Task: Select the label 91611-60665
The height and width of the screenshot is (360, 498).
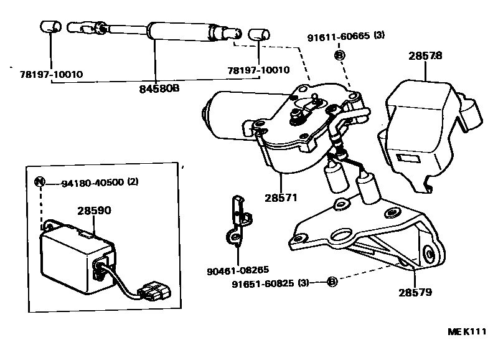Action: coord(337,36)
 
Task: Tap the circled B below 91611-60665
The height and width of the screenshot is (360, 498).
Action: coord(339,55)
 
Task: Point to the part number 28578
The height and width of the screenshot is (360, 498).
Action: coord(425,56)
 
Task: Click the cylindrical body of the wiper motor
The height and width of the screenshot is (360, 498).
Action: coord(224,115)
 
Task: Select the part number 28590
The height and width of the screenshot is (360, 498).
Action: coord(95,211)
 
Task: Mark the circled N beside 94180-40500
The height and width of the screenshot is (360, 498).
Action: coord(40,182)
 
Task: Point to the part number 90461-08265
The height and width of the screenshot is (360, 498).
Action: coord(238,270)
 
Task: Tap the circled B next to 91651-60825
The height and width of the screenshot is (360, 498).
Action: coord(332,283)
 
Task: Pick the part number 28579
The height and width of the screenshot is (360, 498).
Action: coord(416,291)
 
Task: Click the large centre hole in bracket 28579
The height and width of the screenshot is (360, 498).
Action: coord(342,235)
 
